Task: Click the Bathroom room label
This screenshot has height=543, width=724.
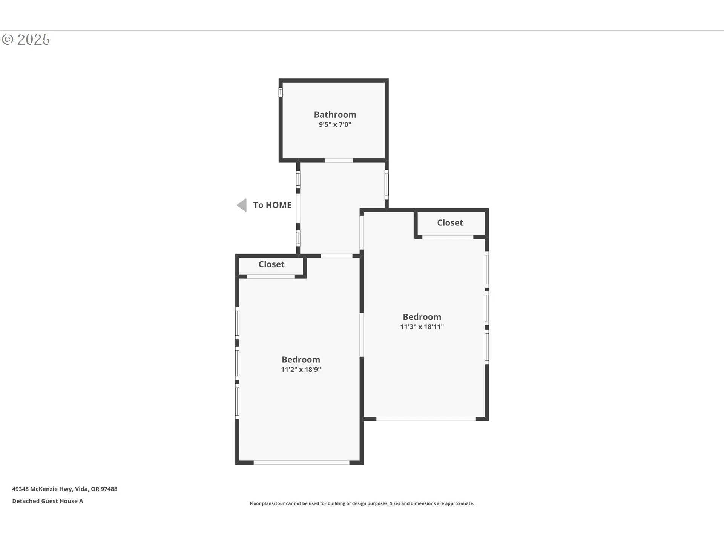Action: pos(335,114)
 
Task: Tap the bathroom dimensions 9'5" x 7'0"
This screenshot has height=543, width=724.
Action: pos(335,124)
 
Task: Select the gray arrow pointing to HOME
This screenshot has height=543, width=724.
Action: pos(242,205)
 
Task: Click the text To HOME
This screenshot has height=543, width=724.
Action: pos(272,205)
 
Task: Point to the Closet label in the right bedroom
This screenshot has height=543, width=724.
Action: pos(450,223)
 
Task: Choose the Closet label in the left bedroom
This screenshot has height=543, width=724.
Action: pos(271,264)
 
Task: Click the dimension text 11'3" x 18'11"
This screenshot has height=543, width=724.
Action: pos(422,327)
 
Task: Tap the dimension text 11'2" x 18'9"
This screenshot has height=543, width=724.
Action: pos(301,370)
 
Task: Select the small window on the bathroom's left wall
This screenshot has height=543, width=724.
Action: pos(281,92)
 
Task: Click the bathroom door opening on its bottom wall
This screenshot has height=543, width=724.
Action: pos(339,160)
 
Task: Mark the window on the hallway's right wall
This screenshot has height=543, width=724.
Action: pos(387,185)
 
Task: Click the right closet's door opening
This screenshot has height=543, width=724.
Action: pos(448,237)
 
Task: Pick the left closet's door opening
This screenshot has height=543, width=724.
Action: pos(270,276)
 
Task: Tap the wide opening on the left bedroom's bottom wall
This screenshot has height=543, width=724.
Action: pos(301,462)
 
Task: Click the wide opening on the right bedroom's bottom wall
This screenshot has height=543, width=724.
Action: pos(426,419)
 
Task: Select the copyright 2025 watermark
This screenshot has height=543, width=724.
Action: pos(26,40)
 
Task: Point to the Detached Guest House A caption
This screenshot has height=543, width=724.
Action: pos(48,501)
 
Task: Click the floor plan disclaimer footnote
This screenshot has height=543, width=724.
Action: pos(362,503)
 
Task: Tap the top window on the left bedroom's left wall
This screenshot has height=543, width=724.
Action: pos(237,323)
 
